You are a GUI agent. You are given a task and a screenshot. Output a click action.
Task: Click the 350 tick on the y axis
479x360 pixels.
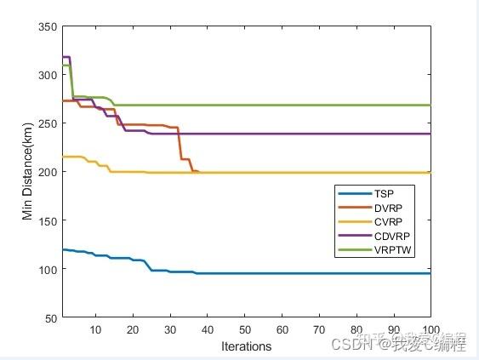coord(48,26)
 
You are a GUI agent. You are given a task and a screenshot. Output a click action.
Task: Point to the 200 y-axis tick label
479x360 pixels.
coord(48,172)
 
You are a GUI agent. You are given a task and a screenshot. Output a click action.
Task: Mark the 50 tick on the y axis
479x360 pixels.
coord(52,317)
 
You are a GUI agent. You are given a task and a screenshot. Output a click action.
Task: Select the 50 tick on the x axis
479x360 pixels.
coord(245,329)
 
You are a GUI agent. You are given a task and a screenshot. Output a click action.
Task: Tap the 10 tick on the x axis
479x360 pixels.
coord(95,329)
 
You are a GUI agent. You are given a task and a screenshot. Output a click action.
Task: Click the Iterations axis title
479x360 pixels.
coord(246,346)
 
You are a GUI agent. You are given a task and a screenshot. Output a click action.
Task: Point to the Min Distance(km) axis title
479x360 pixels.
coord(28,172)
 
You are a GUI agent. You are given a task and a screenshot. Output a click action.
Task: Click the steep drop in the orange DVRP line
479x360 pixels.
coord(180,145)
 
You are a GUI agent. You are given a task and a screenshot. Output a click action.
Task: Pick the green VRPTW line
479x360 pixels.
coord(298,106)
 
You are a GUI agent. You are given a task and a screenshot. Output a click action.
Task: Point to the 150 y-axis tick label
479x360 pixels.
coord(48,220)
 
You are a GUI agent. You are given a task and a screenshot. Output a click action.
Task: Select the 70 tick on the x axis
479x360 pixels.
coord(319,329)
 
